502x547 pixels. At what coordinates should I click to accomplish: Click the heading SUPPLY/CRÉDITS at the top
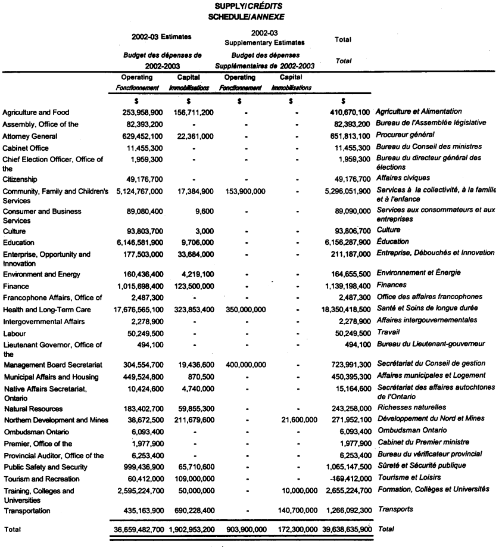click(x=250, y=5)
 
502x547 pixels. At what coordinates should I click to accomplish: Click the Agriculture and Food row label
click(x=35, y=112)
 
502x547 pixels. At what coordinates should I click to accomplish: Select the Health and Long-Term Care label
click(x=47, y=310)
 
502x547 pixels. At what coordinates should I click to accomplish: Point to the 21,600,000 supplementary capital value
click(x=297, y=420)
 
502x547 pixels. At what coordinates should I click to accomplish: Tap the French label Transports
click(x=395, y=509)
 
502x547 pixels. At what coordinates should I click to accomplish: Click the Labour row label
click(x=15, y=333)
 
